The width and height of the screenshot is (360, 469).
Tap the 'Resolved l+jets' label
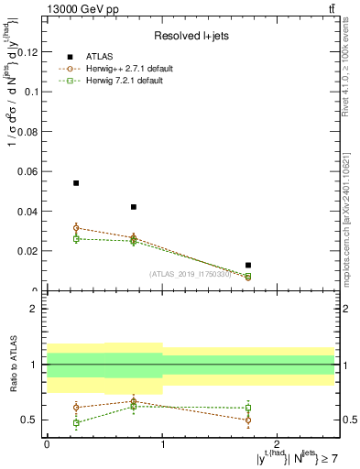190,36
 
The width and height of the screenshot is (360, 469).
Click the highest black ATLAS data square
76,183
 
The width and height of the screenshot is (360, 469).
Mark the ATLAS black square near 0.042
134,207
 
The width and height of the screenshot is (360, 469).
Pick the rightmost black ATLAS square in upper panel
249,266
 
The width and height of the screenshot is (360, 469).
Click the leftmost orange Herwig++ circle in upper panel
76,227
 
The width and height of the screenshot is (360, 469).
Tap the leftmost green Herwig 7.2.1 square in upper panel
76,238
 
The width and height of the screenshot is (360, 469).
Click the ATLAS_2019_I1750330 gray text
191,274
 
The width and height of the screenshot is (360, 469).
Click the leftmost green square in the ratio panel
76,423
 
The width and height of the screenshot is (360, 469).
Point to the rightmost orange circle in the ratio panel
249,420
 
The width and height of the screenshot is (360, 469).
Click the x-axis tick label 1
162,443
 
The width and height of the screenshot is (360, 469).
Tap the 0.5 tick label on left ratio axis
29,420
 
